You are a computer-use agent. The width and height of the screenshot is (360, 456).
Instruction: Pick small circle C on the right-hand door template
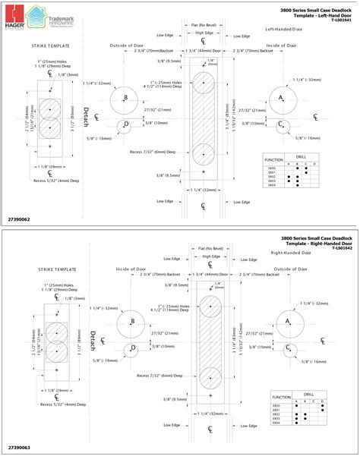(287, 348)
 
